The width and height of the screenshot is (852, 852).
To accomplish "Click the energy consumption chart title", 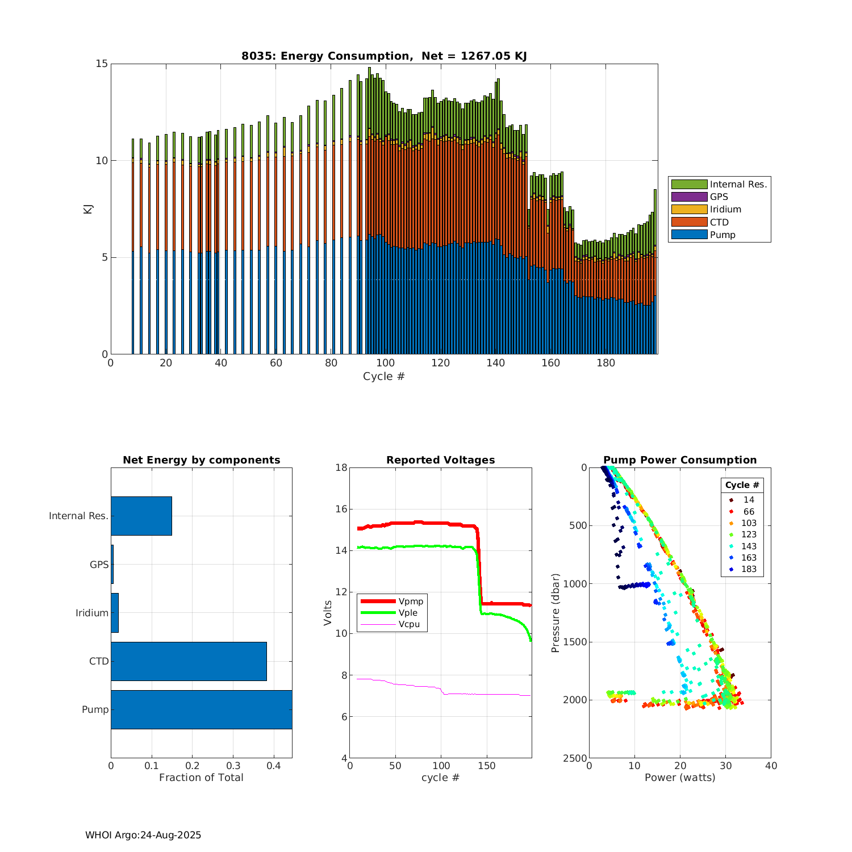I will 384,56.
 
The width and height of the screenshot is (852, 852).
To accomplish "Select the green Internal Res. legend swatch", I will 689,184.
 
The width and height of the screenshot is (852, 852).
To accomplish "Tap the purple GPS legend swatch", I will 689,197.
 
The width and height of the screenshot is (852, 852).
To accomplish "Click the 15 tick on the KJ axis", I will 102,64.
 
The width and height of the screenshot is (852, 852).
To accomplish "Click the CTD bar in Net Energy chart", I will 189,661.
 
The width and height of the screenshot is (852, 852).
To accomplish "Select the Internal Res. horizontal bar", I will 141,516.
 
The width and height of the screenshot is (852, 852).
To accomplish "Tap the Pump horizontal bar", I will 201,709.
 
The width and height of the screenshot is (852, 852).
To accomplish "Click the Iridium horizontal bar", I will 115,613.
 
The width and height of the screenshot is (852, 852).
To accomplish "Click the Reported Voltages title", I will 440,460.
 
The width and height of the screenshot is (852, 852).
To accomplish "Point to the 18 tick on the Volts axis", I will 341,467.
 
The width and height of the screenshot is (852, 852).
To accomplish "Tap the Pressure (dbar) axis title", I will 556,613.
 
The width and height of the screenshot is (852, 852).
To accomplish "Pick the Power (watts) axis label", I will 680,778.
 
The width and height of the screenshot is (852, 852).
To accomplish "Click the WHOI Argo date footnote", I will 143,835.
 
